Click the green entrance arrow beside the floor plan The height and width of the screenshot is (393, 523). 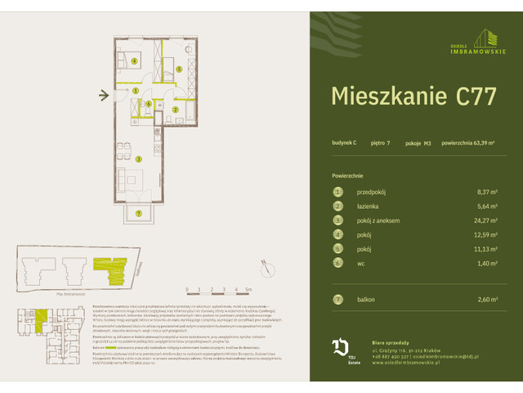(104, 96)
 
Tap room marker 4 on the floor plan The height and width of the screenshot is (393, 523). (134, 61)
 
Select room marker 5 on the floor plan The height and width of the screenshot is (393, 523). (179, 70)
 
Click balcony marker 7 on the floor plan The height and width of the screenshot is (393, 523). (139, 214)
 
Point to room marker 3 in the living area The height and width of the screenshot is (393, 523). (139, 158)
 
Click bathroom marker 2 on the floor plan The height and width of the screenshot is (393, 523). (175, 109)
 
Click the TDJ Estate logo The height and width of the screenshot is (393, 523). (342, 351)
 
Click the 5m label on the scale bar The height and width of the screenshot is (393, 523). (249, 290)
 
